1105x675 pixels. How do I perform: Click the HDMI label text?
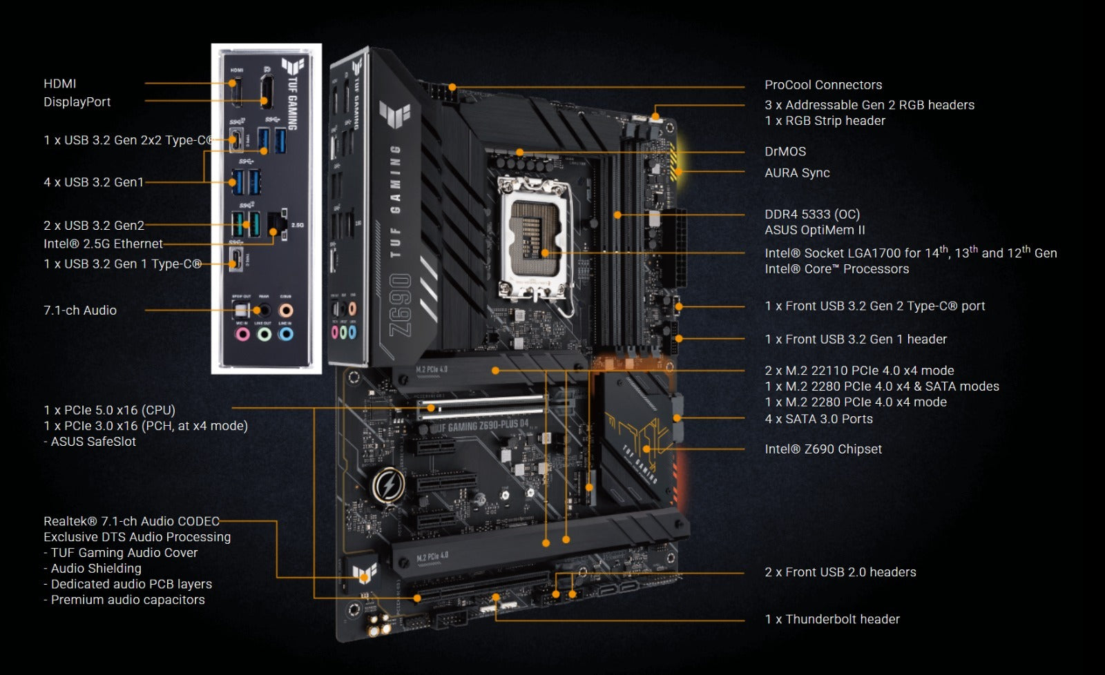pos(60,84)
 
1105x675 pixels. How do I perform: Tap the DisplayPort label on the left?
pos(77,101)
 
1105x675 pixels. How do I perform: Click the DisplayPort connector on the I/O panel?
pos(265,91)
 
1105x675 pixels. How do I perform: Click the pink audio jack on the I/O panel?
pos(242,335)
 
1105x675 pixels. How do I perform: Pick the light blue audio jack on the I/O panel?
pos(286,335)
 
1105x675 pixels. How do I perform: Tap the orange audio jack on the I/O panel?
pos(286,310)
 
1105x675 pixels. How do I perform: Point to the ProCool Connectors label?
pos(823,85)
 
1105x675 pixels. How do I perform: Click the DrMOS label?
pos(785,151)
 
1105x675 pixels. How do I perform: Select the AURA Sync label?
pos(797,173)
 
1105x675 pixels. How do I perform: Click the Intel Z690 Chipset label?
pos(823,449)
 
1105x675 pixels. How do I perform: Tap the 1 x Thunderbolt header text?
pos(832,619)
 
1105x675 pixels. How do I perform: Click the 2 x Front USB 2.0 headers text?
pos(840,571)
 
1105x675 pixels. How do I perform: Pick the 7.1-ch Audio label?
pos(80,310)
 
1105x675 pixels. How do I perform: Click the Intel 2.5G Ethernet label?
pos(103,244)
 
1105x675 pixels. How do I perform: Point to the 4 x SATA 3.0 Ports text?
pos(818,418)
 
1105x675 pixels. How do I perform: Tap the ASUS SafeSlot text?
pos(93,442)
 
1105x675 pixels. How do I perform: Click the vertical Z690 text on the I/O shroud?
pos(401,304)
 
